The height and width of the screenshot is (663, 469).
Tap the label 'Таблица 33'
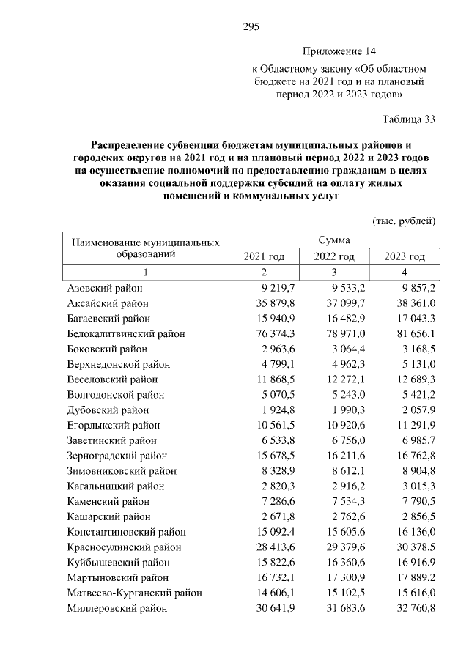coord(409,119)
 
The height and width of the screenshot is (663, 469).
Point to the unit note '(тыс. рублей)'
coord(405,221)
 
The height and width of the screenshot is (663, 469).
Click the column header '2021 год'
coord(264,256)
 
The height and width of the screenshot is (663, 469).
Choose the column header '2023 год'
coord(405,256)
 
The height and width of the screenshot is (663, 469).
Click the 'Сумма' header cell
coord(334,240)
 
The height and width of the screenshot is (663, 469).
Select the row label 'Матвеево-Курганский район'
coord(134,593)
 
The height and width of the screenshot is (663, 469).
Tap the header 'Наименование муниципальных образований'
coord(145,248)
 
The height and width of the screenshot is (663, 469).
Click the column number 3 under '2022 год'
coord(334,272)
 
